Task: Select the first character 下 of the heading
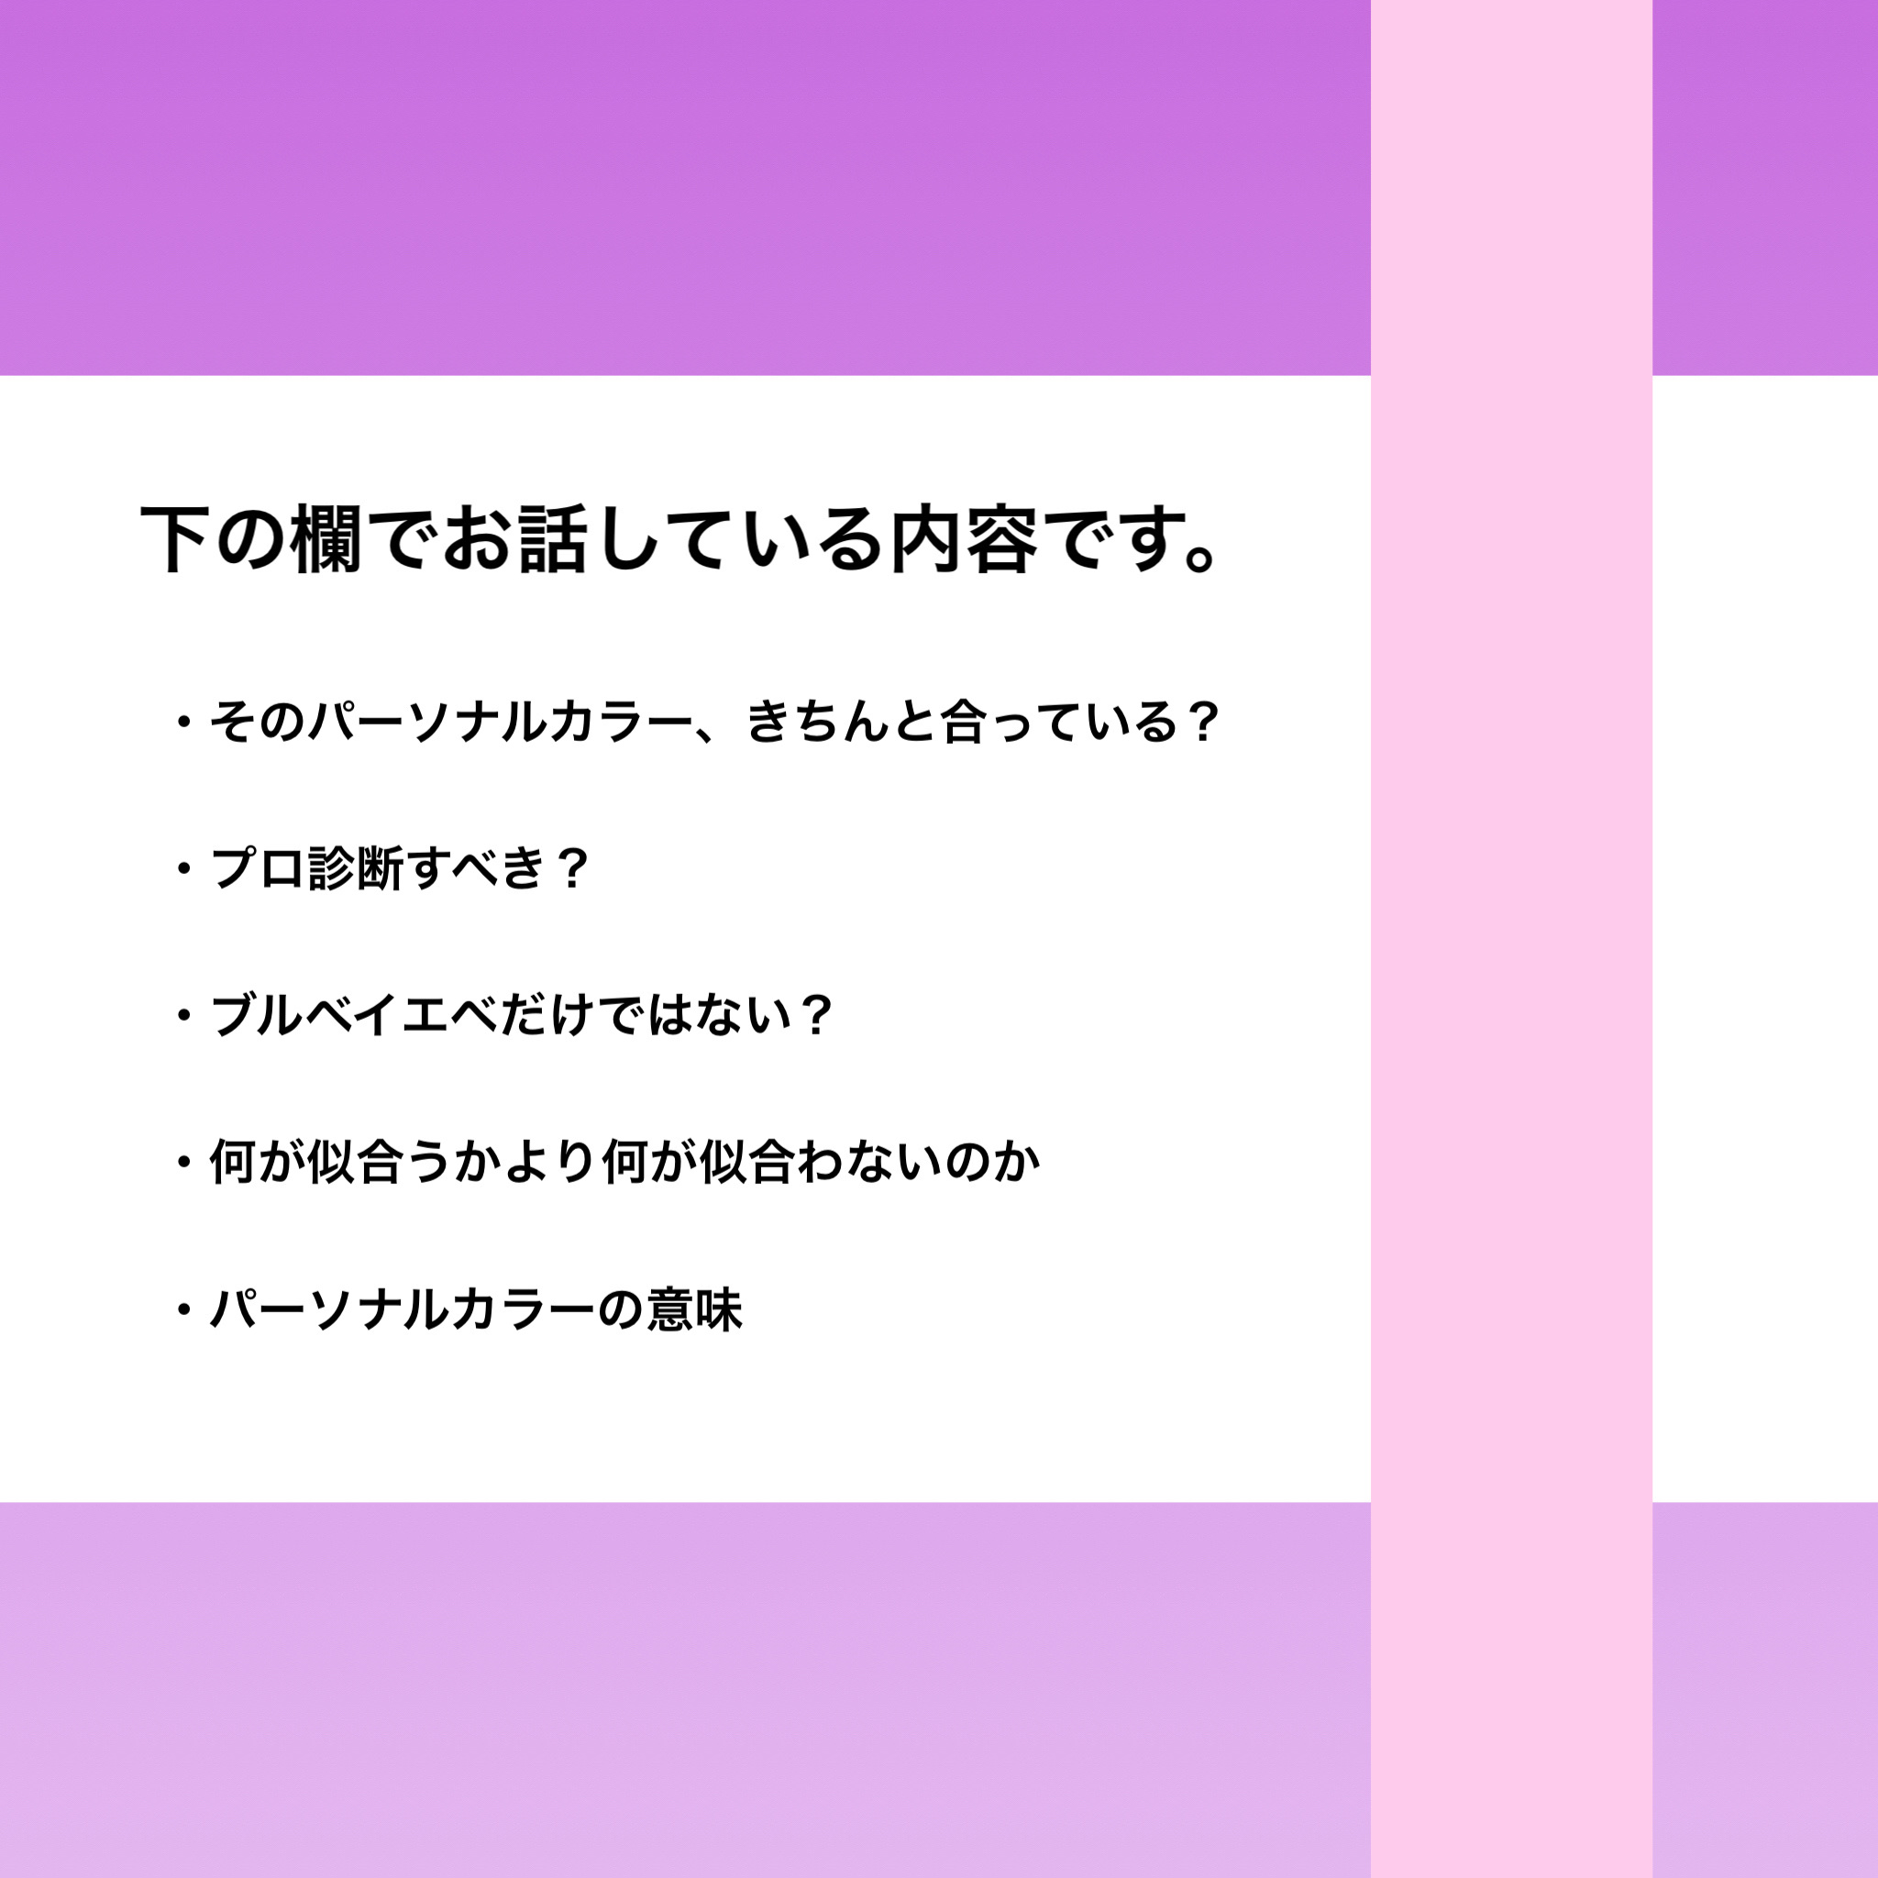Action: [x=176, y=540]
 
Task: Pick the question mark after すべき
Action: [x=573, y=868]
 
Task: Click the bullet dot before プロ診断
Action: [x=182, y=868]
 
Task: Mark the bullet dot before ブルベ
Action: [x=182, y=1016]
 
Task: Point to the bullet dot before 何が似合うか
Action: [x=182, y=1162]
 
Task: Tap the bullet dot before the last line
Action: [x=182, y=1309]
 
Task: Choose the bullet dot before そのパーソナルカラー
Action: [x=182, y=723]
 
